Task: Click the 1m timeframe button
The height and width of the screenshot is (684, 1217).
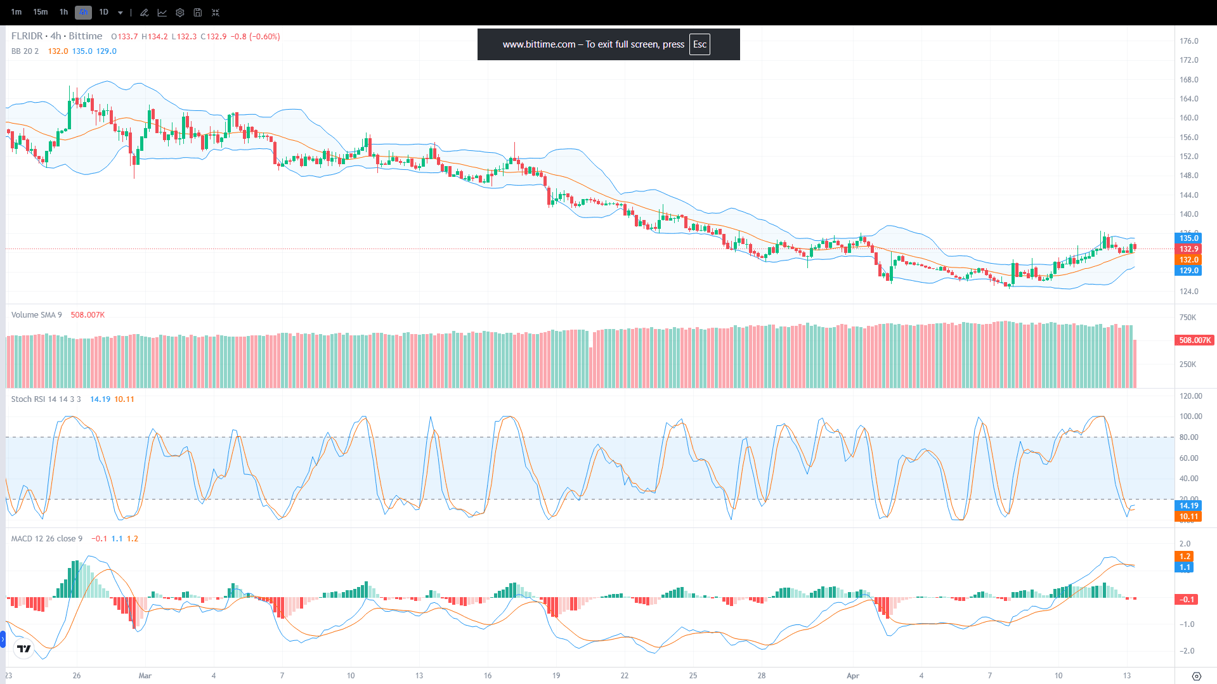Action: [x=16, y=12]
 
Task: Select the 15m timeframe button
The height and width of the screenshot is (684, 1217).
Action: [x=41, y=12]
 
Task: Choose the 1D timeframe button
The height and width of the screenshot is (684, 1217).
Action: [x=104, y=12]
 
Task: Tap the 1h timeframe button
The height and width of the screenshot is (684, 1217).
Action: [x=63, y=12]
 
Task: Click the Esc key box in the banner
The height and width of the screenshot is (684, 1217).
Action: [x=700, y=44]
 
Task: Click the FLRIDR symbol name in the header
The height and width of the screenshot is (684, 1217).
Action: [x=27, y=36]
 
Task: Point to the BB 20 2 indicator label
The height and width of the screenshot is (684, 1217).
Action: [x=25, y=51]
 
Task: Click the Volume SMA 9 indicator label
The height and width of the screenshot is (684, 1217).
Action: [x=37, y=315]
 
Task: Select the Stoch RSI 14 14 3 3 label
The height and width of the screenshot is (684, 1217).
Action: [x=46, y=399]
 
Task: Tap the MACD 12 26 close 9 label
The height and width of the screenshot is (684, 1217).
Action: [x=46, y=539]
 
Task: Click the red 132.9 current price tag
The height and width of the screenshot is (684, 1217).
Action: [x=1188, y=249]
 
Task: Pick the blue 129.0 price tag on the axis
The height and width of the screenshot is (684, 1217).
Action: [x=1188, y=271]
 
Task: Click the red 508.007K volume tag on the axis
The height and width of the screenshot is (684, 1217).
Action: [x=1195, y=340]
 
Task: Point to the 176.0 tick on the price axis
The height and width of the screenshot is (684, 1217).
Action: [x=1188, y=41]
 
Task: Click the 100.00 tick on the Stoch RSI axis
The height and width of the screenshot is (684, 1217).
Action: [x=1190, y=416]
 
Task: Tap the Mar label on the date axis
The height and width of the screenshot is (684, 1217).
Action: [x=145, y=676]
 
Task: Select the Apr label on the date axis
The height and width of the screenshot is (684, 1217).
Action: [x=853, y=676]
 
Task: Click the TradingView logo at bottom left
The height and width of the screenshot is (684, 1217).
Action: [x=24, y=649]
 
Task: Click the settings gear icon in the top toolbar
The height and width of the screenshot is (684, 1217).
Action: [x=180, y=13]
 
